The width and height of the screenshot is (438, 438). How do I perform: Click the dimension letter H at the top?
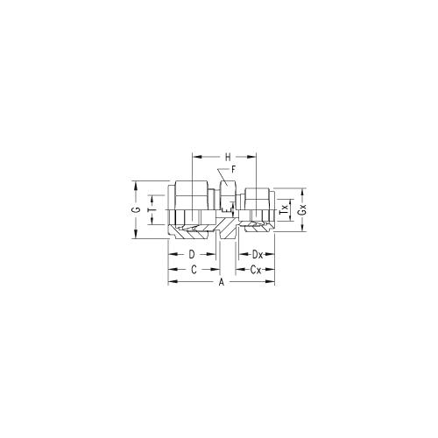point(228,158)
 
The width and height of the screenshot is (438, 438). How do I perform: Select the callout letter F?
point(233,170)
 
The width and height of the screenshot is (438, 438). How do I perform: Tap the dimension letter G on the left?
point(136,209)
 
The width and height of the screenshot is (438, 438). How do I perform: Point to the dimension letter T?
point(152,210)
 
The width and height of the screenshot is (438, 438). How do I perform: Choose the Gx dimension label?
point(303,209)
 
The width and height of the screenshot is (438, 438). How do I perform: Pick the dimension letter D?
point(192,255)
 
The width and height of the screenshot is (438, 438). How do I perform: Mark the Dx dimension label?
point(258,255)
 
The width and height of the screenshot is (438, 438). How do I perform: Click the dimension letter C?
point(194,270)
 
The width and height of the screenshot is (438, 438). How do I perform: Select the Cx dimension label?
point(256,270)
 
